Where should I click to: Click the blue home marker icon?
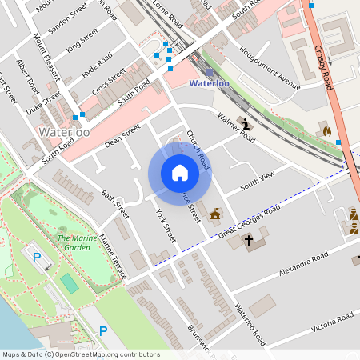pos(180,173)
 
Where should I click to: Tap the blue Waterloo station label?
pos(209,82)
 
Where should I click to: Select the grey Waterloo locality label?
pos(64,131)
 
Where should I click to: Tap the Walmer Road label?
pos(236,128)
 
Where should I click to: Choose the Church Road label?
pos(198,150)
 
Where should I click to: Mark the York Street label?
pos(165,226)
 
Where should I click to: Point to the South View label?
pos(258,180)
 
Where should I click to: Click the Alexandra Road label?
pos(304,265)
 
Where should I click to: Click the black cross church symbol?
pos(249,240)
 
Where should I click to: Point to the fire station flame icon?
pos(326,129)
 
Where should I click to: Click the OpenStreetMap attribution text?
pos(81,354)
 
